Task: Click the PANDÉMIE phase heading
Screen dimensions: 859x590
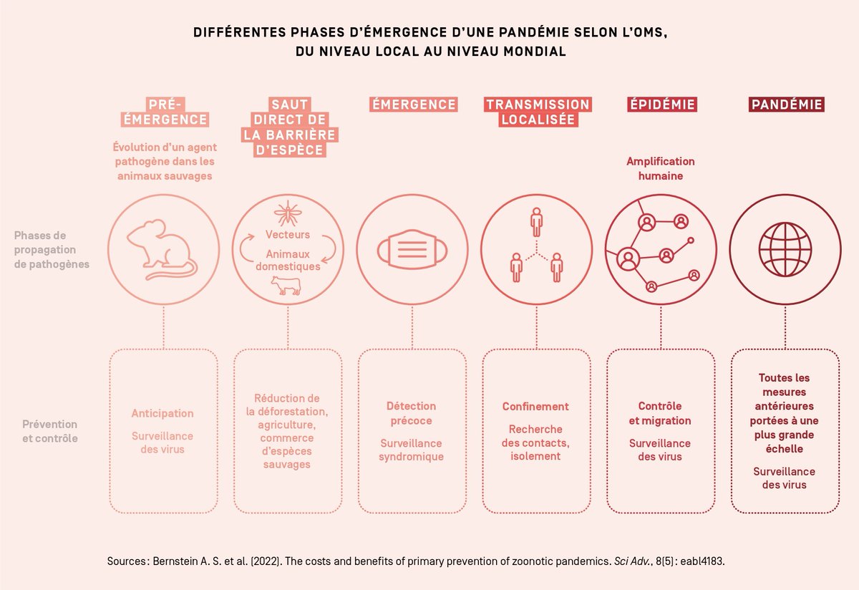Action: point(787,105)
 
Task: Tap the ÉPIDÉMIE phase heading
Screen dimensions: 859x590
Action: point(662,105)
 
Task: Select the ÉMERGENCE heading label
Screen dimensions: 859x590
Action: point(413,105)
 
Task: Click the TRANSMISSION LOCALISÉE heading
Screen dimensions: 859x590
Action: point(538,112)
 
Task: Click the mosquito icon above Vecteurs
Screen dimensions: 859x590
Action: point(288,213)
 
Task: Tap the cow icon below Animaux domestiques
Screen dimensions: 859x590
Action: point(286,286)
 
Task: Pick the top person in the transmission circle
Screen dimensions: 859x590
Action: point(537,221)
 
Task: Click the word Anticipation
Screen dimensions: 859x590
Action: point(162,413)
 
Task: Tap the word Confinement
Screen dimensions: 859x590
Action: point(535,407)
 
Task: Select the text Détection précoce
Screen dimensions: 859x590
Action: point(411,413)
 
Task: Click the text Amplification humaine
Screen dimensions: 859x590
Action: point(660,168)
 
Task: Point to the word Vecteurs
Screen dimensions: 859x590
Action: point(288,235)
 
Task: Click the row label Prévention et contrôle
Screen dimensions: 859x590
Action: point(49,431)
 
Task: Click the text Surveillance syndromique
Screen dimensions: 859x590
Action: point(411,450)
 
